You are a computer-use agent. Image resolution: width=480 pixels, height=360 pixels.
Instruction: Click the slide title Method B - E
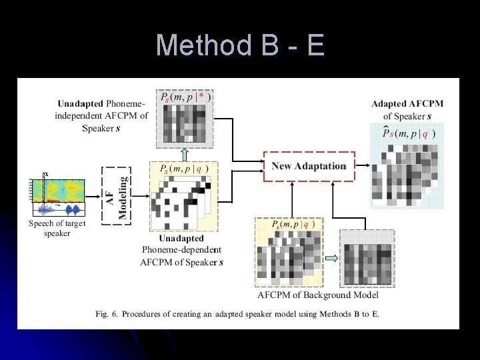tap(240, 45)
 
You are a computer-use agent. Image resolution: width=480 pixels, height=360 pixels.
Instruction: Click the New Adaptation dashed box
tap(309, 166)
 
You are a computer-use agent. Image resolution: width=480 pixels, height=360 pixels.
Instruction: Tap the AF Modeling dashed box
tap(117, 196)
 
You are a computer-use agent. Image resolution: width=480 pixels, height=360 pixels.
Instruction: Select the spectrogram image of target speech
tap(57, 191)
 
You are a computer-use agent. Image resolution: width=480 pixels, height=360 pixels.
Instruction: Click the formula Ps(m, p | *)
tap(185, 97)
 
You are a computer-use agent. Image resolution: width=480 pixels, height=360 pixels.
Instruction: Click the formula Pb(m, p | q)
tap(287, 225)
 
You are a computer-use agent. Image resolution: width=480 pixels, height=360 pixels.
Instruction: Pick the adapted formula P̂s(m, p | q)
tap(408, 133)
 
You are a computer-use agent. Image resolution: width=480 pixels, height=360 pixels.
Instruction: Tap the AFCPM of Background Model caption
tap(317, 295)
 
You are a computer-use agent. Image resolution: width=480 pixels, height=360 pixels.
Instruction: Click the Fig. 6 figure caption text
tap(237, 313)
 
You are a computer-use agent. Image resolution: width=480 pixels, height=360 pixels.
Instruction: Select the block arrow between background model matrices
tap(331, 259)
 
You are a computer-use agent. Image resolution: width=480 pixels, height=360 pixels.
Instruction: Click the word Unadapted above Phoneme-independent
tap(80, 103)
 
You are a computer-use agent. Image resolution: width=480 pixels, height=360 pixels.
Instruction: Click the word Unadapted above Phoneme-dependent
tap(181, 238)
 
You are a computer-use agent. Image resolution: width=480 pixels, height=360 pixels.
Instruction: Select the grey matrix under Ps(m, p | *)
tap(185, 124)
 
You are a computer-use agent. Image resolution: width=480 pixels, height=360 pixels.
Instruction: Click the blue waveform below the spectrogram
tap(57, 210)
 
